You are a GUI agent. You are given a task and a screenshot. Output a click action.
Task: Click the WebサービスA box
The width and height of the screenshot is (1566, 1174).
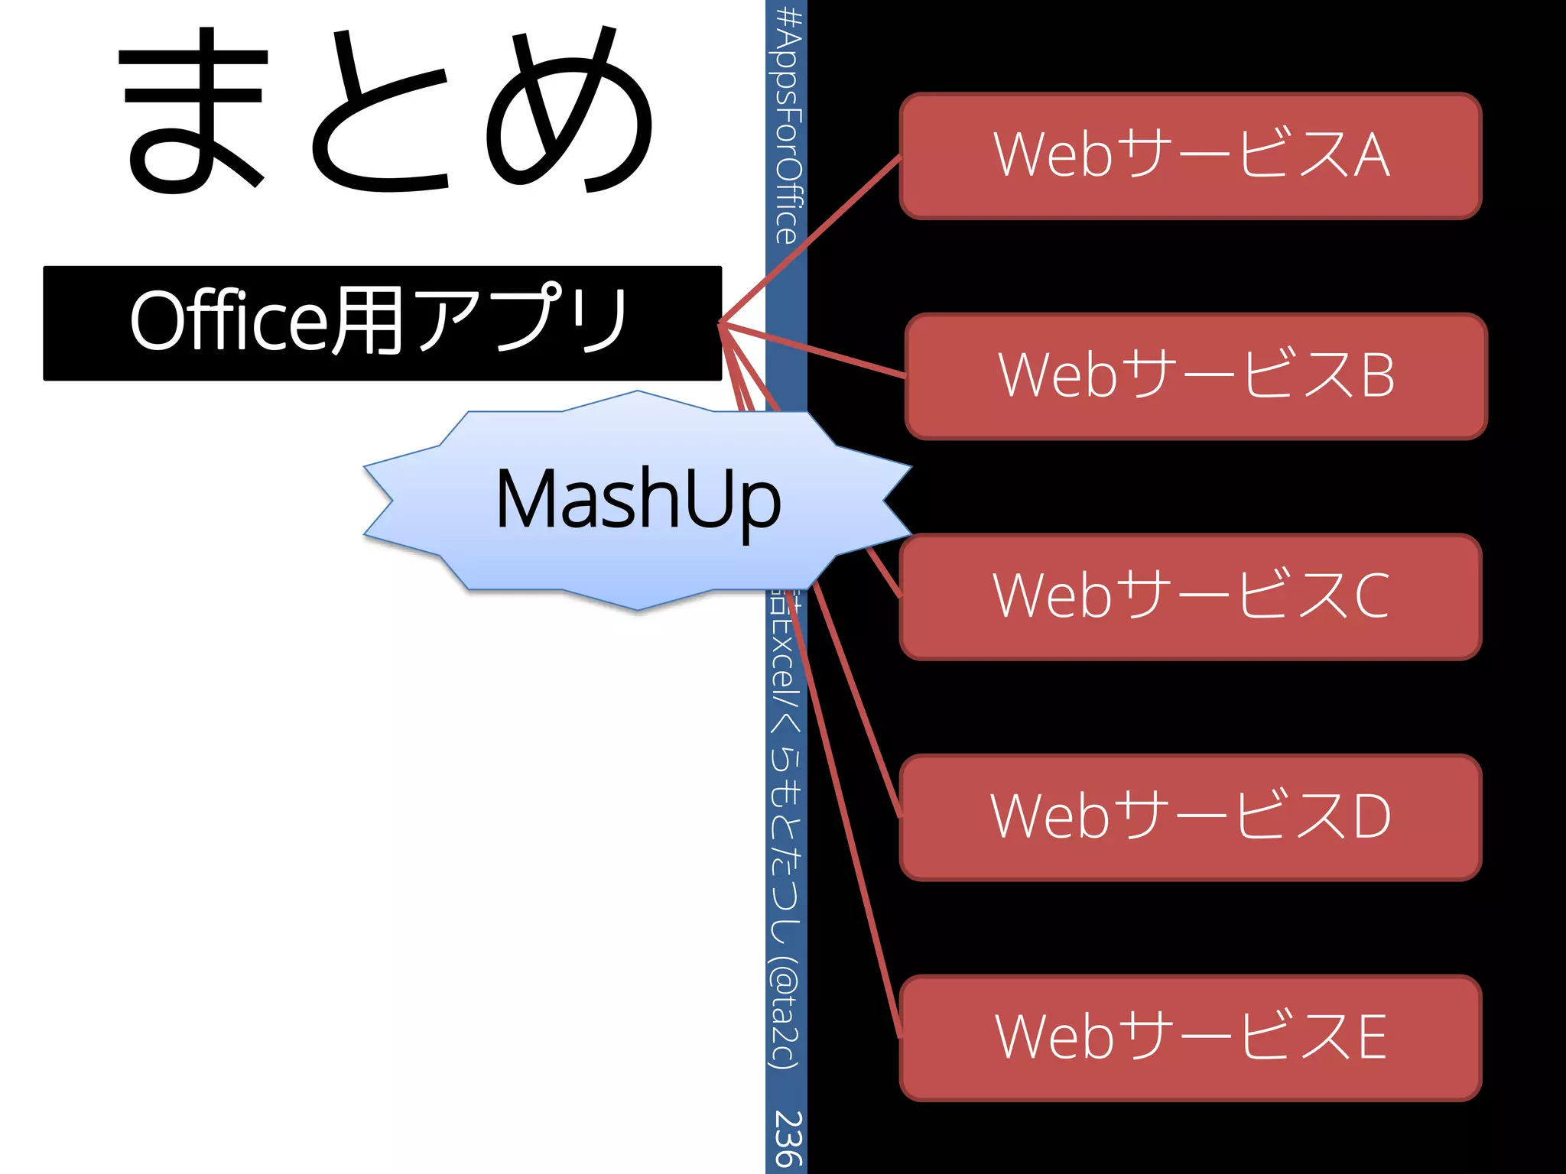(1191, 156)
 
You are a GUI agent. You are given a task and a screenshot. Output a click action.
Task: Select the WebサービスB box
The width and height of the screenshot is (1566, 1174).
(1196, 376)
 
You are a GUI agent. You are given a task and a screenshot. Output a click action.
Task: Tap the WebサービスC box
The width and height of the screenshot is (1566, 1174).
(1191, 596)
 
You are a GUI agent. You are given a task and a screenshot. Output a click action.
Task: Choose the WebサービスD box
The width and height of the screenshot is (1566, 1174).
(1191, 817)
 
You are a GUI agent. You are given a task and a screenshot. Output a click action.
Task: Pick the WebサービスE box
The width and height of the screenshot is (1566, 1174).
(1191, 1037)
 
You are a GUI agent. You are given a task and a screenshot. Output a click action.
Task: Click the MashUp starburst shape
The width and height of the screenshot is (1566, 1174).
(637, 501)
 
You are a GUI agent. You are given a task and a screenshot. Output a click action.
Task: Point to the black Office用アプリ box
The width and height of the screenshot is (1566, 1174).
(382, 323)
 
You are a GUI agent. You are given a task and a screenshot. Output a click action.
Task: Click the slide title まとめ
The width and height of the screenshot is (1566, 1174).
(386, 111)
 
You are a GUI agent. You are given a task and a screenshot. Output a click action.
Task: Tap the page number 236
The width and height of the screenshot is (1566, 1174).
(787, 1138)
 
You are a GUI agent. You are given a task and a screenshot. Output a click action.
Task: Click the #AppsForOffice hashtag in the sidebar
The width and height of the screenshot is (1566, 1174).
(788, 126)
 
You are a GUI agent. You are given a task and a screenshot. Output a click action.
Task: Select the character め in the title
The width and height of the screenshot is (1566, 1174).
(570, 111)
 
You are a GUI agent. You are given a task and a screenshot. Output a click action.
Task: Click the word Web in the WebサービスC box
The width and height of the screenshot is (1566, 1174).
(1052, 596)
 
